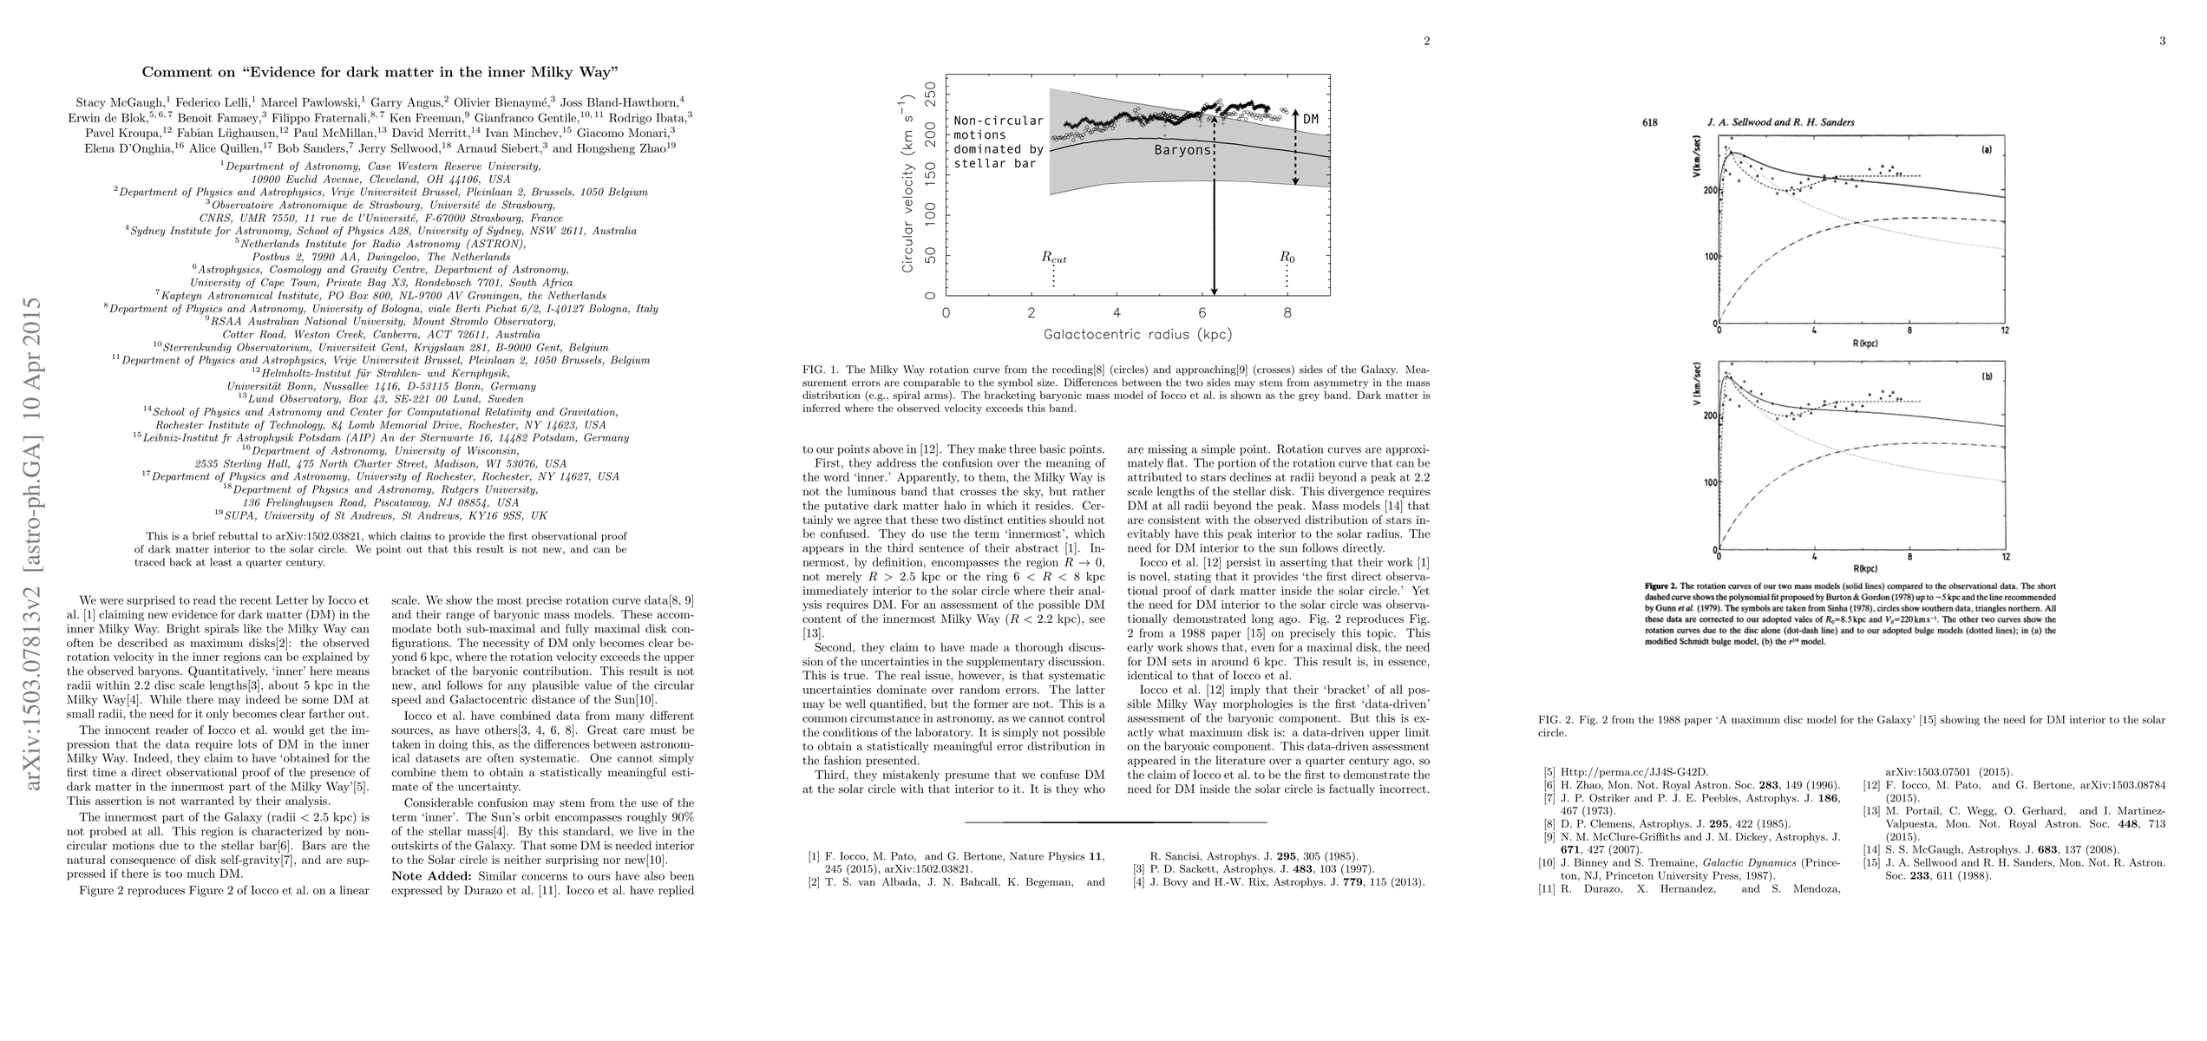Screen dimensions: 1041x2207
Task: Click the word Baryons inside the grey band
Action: pyautogui.click(x=1181, y=149)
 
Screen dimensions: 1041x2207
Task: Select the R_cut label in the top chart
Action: pyautogui.click(x=1053, y=258)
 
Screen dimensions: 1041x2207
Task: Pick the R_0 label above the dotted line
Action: pyautogui.click(x=1287, y=258)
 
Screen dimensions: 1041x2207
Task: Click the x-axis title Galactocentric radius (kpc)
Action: pyautogui.click(x=1137, y=334)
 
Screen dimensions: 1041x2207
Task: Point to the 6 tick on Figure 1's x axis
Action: pyautogui.click(x=1202, y=312)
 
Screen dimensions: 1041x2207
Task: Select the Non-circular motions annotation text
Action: pyautogui.click(x=999, y=141)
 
